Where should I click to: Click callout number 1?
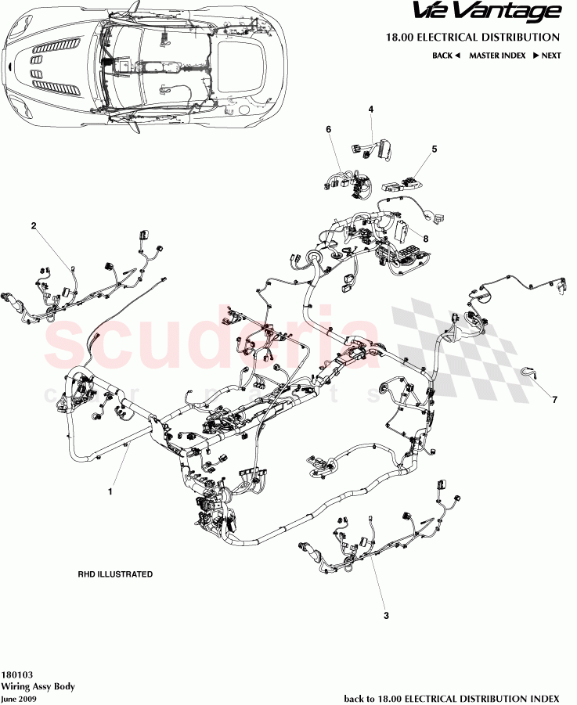[110, 492]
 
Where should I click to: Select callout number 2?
[34, 226]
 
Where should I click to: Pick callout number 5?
[435, 149]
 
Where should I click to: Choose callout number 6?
[329, 129]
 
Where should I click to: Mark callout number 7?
[554, 401]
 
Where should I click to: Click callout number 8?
[426, 238]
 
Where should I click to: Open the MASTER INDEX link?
[497, 56]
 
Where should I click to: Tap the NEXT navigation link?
[546, 56]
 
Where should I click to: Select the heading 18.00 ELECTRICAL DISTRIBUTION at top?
[472, 37]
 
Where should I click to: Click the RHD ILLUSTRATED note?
[115, 574]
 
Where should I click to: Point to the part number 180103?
[16, 674]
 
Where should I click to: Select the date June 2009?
[19, 698]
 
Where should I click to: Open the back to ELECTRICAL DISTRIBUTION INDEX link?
[452, 698]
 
